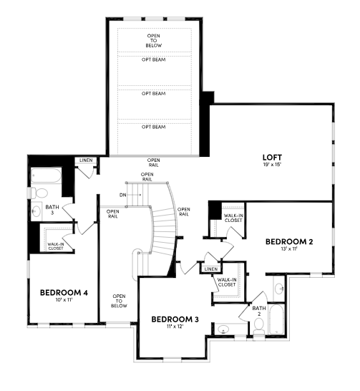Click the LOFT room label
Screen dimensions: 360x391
pos(272,158)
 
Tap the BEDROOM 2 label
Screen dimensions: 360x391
pos(289,241)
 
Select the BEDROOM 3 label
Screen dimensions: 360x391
pos(175,319)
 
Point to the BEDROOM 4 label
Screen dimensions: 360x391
pos(64,292)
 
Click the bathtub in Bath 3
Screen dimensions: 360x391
pos(46,175)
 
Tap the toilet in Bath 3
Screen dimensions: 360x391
pos(39,193)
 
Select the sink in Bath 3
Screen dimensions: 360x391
pos(36,211)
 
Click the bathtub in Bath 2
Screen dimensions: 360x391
pos(276,319)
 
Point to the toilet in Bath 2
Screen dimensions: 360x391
pos(259,326)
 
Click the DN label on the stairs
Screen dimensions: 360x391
pos(123,195)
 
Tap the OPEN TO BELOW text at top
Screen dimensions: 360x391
pos(153,41)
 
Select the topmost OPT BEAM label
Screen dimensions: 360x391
pos(153,59)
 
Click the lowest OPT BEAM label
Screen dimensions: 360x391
pos(153,127)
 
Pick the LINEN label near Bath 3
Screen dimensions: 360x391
pos(86,160)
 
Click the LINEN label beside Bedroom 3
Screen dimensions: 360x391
pos(211,269)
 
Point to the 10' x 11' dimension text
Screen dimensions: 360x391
pos(64,300)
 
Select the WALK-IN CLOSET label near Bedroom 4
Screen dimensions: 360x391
pos(56,246)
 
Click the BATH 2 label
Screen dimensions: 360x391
pos(259,311)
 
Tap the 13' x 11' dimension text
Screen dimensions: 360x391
pos(289,248)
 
